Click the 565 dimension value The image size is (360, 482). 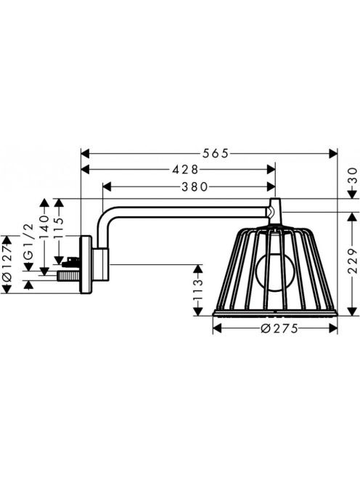216,153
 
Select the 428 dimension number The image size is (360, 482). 185,169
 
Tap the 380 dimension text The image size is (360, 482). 195,187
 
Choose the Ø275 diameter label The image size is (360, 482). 279,329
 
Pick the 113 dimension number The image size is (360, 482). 199,290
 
